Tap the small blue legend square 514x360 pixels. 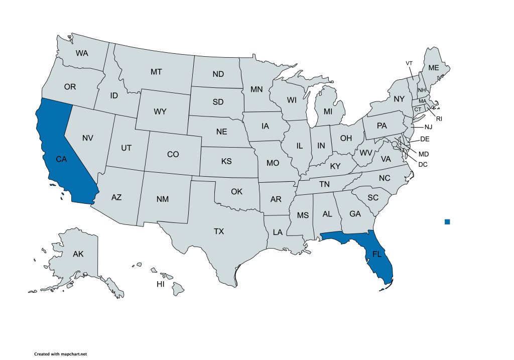tap(447, 221)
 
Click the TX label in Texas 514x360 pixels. tap(219, 231)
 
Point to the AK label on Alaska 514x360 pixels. tap(78, 254)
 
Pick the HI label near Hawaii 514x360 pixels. tap(161, 284)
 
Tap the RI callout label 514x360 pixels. tap(439, 119)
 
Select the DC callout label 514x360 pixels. tap(423, 164)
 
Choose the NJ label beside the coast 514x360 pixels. tap(428, 127)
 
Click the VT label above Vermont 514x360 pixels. tap(409, 63)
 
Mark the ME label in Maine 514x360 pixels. tap(433, 68)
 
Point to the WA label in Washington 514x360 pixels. tap(82, 53)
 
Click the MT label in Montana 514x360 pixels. tap(156, 72)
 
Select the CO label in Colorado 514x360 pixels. tap(173, 154)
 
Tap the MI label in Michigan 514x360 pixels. tap(328, 110)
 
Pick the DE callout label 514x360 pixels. tap(425, 139)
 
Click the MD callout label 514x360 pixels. tap(424, 154)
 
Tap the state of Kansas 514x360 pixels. tap(226, 162)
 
